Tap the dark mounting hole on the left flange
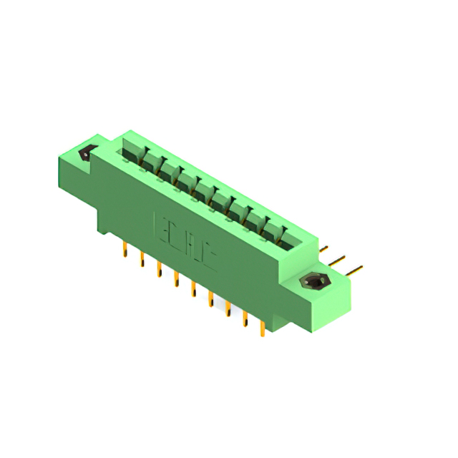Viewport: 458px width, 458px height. (87, 152)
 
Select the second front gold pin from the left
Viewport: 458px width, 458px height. (142, 260)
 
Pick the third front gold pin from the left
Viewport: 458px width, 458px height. (159, 270)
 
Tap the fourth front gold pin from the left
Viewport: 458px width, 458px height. (176, 280)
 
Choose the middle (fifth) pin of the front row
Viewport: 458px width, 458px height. (193, 290)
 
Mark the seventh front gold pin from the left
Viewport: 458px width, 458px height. (228, 308)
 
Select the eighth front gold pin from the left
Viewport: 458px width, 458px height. (245, 318)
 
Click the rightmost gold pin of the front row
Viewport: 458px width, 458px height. (263, 328)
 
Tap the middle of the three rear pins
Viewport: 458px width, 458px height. (340, 259)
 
